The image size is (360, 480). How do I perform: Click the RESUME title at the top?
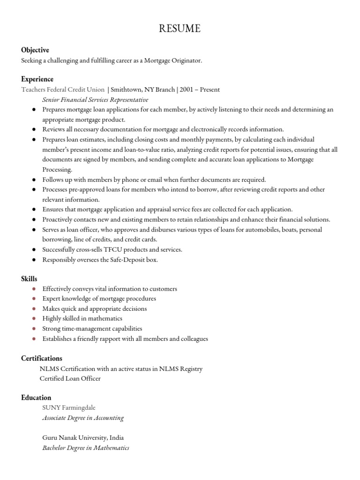pos(180,29)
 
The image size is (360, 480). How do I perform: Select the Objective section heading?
pos(35,50)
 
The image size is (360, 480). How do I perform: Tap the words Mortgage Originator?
pos(173,61)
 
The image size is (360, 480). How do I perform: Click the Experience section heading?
pos(37,79)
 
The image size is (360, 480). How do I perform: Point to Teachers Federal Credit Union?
pos(63,90)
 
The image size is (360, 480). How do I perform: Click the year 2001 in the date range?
pos(186,90)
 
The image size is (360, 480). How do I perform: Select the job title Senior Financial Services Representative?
pos(95,100)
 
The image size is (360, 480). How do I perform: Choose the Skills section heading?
pos(29,279)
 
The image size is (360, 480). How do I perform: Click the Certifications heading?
pos(42,359)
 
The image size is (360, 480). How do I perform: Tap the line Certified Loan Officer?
pos(70,378)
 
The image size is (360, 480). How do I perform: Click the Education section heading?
pos(36,397)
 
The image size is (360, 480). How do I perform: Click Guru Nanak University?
pos(75,438)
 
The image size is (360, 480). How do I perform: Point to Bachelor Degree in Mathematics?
pos(86,448)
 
